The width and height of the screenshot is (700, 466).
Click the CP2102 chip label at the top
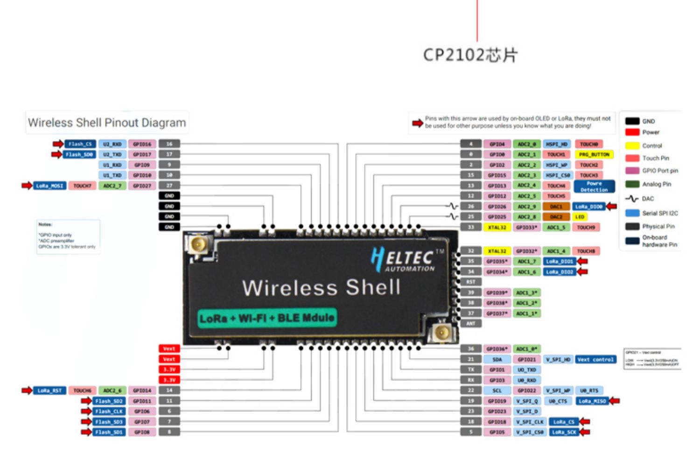click(x=470, y=55)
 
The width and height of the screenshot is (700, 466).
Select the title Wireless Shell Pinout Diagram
click(x=107, y=123)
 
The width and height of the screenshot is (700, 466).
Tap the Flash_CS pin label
click(x=80, y=144)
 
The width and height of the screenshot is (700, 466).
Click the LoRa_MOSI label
click(x=49, y=186)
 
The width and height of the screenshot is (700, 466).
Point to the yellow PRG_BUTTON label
click(x=594, y=154)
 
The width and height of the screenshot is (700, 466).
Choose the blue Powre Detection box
click(x=594, y=187)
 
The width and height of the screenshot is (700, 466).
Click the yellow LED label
click(x=580, y=217)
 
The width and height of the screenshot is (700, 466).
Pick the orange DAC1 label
click(x=556, y=206)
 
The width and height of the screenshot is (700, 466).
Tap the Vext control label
click(x=595, y=360)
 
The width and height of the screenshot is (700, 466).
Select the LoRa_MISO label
click(x=592, y=401)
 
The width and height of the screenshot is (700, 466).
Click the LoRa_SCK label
click(x=564, y=432)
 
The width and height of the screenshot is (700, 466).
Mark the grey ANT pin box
click(x=471, y=323)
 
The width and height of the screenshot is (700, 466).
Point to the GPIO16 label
click(x=142, y=144)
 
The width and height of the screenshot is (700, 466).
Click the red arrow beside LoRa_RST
click(x=27, y=390)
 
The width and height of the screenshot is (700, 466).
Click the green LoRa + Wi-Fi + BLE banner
click(x=266, y=318)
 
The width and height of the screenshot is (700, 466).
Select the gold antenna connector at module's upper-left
click(x=198, y=244)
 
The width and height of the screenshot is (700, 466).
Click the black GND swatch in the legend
click(x=632, y=121)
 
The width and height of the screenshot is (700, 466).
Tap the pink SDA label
click(x=497, y=360)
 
